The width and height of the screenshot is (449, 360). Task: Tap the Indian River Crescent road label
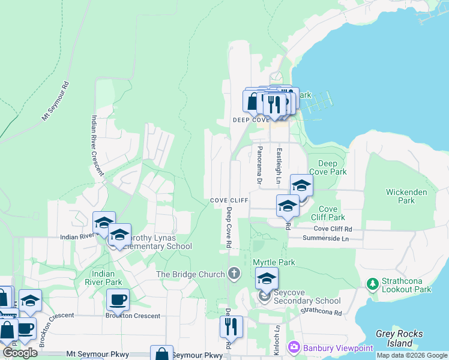(97, 146)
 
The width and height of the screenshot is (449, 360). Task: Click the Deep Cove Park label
(328, 167)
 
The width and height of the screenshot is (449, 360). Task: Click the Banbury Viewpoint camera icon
(294, 347)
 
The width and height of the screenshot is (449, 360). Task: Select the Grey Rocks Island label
(399, 338)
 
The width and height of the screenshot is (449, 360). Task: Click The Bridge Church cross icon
(234, 274)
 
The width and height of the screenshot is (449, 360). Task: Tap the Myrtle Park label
(274, 263)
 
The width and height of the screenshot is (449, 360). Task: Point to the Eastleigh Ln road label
(279, 167)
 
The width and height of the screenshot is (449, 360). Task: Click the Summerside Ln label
(328, 239)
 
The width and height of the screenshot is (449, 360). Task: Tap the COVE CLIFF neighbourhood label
(229, 200)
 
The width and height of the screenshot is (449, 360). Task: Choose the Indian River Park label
(103, 278)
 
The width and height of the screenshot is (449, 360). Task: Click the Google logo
(20, 353)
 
